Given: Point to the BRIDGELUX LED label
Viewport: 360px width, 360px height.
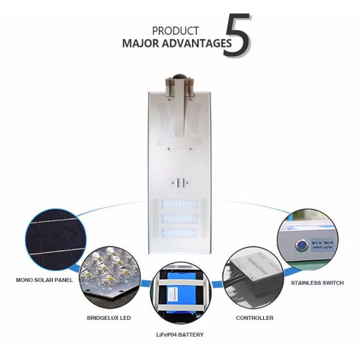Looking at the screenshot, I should click(109, 317).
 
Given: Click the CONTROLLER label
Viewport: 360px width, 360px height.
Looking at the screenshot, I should click(254, 317).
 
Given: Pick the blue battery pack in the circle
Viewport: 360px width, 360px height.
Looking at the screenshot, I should click(179, 294).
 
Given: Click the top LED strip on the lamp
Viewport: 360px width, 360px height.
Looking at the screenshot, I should click(181, 205).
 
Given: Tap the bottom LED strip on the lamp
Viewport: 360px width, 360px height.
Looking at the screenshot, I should click(181, 232).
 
